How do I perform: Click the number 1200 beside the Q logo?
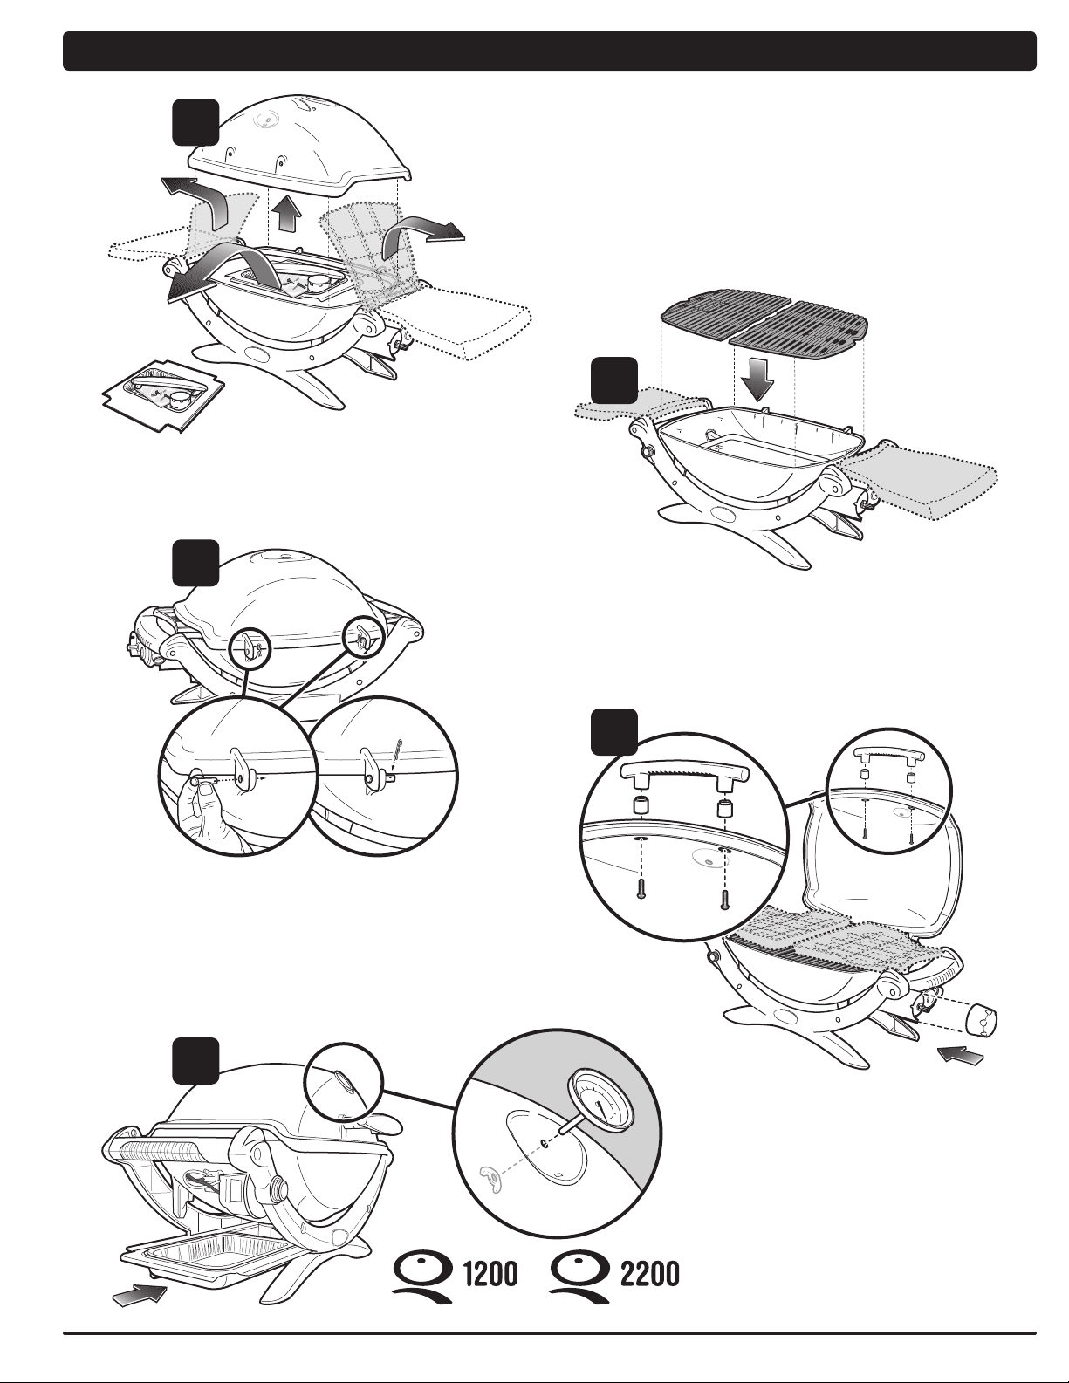489,1276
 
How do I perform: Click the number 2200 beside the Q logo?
649,1276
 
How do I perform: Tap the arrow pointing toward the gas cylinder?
961,1056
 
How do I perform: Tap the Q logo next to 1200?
421,1276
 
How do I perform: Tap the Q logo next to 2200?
582,1276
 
